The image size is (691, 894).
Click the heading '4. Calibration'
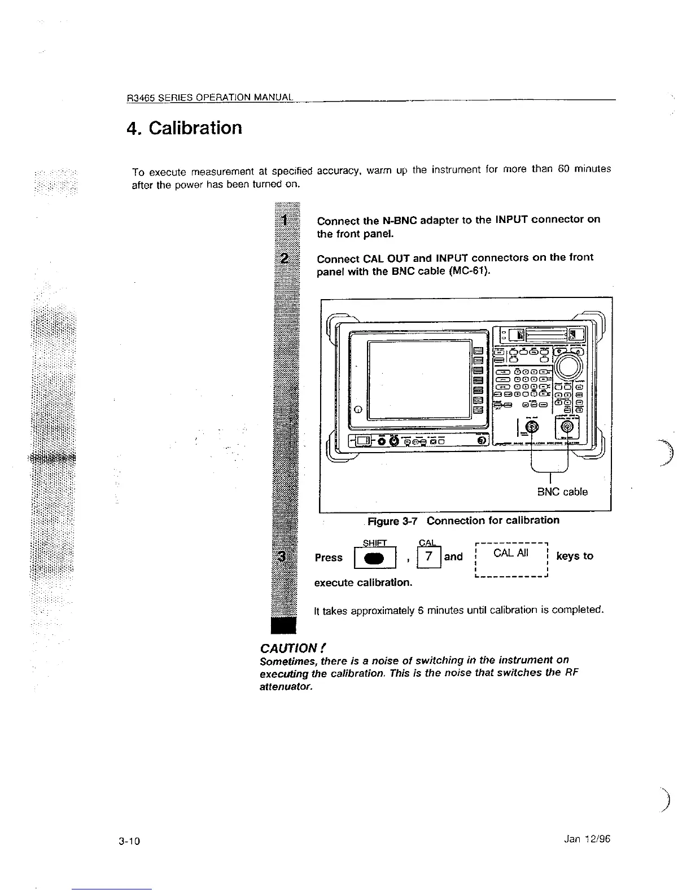[185, 128]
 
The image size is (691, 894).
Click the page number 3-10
[129, 842]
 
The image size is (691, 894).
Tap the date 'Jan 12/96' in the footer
[587, 839]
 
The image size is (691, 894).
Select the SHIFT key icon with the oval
[374, 558]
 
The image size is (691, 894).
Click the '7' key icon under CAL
[429, 557]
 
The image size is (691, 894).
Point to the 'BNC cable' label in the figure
[562, 492]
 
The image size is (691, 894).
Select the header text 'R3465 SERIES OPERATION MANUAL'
[209, 97]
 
